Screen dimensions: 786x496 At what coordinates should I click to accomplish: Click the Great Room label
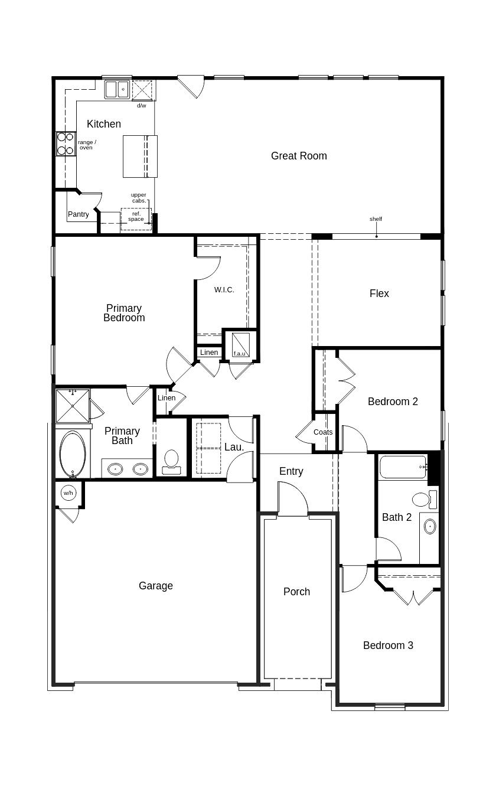299,156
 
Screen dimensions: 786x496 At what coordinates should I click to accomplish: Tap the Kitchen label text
104,124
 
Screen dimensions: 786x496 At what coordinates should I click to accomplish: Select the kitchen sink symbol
118,89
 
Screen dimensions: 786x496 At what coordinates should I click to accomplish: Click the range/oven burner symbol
66,143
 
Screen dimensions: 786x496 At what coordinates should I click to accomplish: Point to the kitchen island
140,156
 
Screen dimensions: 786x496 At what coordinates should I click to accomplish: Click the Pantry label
79,214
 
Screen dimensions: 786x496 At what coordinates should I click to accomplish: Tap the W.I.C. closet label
224,290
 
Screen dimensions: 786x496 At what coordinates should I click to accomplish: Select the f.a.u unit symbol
241,344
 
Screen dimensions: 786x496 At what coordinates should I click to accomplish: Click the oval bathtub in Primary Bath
73,454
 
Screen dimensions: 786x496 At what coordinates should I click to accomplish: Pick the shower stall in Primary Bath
73,406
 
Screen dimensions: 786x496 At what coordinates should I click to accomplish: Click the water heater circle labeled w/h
68,493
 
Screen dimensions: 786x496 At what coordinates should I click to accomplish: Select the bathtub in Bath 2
403,467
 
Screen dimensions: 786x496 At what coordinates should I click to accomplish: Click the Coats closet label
323,432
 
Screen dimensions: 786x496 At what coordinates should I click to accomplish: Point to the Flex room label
379,293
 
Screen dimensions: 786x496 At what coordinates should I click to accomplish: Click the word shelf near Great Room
376,219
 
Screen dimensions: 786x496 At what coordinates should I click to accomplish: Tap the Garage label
156,586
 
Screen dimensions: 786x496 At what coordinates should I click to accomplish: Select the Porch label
296,592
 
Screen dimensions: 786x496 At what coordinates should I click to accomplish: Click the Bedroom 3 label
388,645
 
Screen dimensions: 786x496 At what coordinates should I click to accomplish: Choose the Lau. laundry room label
234,447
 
